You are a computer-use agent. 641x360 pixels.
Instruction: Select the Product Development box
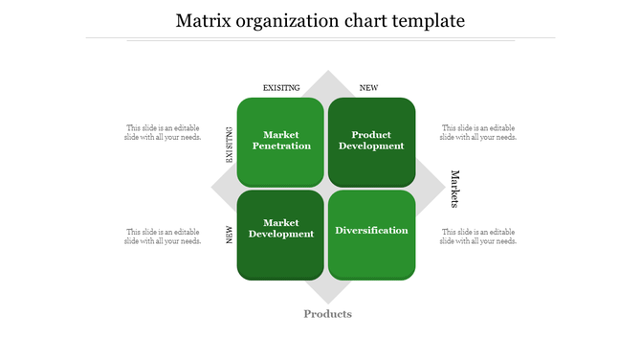pos(371,141)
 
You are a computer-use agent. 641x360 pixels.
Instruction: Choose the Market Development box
pos(280,235)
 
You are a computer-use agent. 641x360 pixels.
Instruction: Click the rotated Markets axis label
pos(455,189)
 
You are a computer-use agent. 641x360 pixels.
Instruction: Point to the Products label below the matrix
pos(327,314)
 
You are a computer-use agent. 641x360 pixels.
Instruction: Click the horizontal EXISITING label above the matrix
pos(281,88)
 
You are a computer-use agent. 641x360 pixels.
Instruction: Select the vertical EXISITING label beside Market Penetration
pos(230,146)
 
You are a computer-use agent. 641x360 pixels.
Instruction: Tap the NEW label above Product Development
pos(368,88)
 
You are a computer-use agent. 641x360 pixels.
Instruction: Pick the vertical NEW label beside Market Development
pos(230,235)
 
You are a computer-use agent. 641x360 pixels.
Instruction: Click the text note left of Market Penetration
pos(163,132)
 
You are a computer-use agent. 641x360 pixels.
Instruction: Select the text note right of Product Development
pos(478,132)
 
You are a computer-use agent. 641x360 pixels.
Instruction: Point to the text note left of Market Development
pos(163,236)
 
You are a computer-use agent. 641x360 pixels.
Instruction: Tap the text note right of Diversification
pos(478,236)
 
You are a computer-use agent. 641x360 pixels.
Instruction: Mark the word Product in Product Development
pos(371,135)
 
